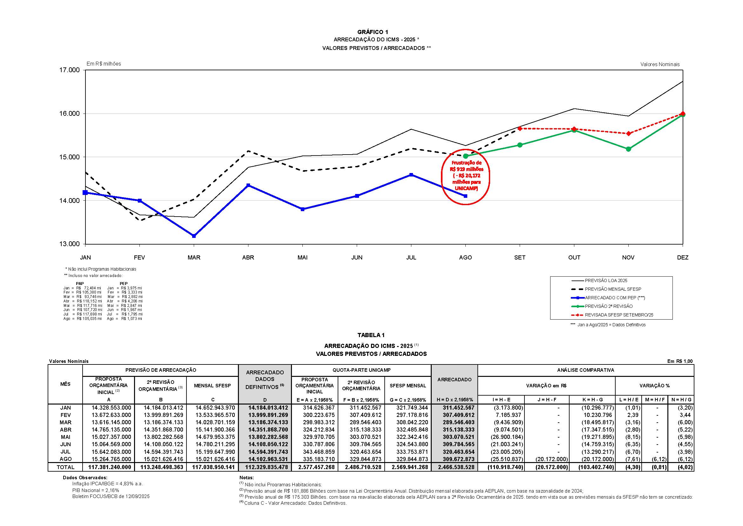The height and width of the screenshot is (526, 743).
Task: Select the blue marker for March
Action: pos(194,236)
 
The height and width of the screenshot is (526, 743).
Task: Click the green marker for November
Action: pos(628,149)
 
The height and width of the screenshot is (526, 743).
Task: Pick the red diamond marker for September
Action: pos(520,128)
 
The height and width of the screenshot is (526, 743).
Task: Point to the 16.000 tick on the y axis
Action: pos(69,114)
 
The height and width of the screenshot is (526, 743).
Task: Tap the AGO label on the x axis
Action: pos(465,258)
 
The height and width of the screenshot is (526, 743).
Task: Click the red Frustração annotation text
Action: pos(466,176)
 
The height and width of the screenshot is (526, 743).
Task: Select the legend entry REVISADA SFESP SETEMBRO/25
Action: pos(619,315)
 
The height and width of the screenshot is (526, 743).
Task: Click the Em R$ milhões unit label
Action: pos(104,64)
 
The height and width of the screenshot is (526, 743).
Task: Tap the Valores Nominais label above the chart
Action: pos(660,65)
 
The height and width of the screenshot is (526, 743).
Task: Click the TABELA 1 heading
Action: pos(371,335)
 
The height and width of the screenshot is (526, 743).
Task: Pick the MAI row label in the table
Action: pos(65,437)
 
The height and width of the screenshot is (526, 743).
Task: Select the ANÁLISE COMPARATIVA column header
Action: pos(585,370)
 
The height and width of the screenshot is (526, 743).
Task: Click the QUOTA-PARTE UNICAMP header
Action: pos(361,370)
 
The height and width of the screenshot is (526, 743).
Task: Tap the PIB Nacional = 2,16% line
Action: pos(96,490)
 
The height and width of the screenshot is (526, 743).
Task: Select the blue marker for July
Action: pos(411,175)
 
